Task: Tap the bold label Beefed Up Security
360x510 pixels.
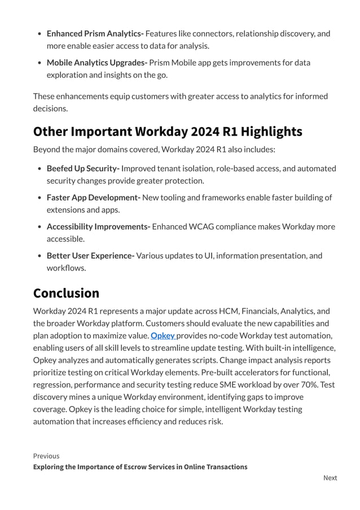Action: point(83,168)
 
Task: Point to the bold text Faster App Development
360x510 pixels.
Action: point(93,197)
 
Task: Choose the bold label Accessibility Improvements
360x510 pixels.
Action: point(98,226)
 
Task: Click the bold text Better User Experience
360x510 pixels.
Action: point(90,255)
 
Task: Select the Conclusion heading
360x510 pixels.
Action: point(66,293)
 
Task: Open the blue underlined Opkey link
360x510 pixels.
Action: point(163,335)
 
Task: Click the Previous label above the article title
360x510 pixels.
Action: point(46,456)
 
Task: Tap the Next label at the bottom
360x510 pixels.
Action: point(330,478)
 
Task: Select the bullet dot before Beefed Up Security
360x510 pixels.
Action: point(38,169)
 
